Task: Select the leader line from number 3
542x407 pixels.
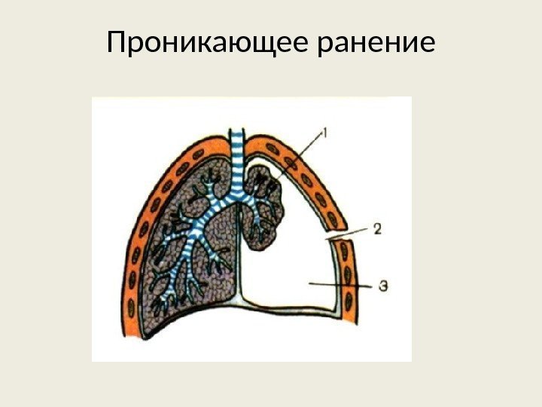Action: [x=339, y=285]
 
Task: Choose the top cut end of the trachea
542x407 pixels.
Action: [x=237, y=135]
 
